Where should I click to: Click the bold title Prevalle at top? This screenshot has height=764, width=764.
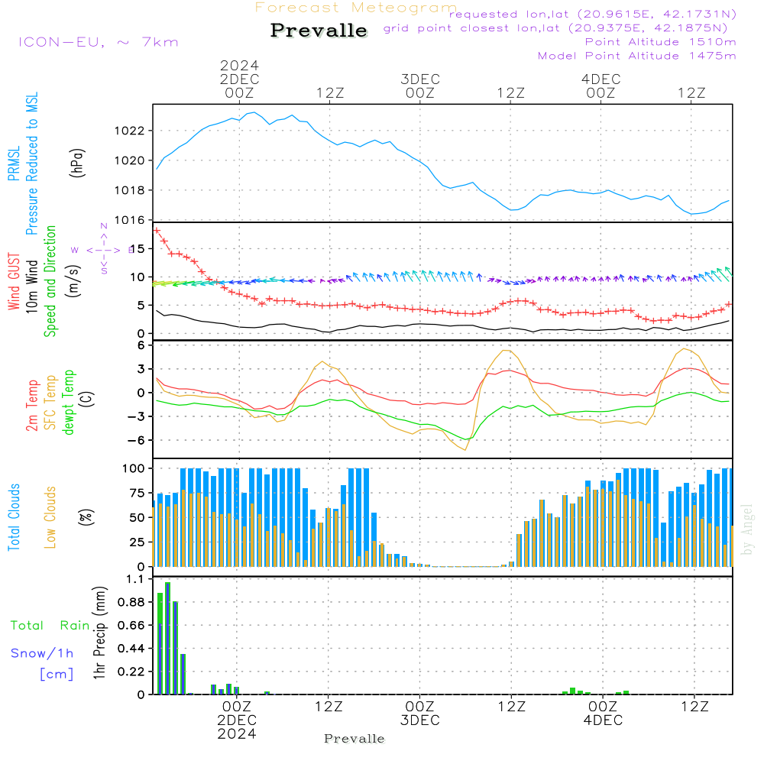coord(319,31)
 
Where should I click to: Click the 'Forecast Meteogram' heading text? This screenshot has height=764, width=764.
coord(356,8)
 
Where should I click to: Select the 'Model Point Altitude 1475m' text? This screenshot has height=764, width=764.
coord(636,55)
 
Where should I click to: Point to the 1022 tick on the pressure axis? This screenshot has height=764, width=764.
coord(134,131)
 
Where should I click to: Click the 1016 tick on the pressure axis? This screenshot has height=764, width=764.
coord(134,220)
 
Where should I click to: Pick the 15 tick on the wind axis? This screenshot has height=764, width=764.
coord(138,248)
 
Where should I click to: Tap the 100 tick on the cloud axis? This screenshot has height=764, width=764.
coord(134,468)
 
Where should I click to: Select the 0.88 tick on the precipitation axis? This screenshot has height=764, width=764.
coord(131,602)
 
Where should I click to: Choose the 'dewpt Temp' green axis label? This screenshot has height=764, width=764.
coord(69,403)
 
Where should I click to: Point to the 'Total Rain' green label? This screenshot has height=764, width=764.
coord(50,625)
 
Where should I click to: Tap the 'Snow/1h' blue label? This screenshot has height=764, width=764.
coord(42,653)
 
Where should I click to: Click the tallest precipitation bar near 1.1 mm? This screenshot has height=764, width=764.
coord(167,637)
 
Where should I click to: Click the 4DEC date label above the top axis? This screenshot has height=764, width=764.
coord(601,79)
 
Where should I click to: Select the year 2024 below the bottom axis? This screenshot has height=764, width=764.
coord(237,733)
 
